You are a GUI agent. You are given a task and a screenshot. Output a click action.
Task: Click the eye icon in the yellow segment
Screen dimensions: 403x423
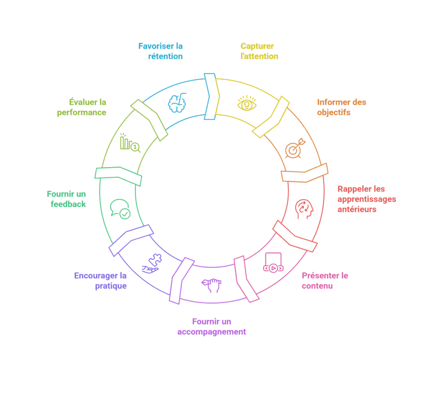tap(246, 103)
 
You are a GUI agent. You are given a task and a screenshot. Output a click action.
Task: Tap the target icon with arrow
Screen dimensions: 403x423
tap(295, 149)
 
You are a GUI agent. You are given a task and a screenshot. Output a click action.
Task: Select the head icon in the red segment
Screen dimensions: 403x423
tap(304, 207)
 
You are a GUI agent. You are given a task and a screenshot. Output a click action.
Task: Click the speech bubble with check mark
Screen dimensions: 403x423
tap(120, 208)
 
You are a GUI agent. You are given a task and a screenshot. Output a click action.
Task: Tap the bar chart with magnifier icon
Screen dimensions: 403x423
tap(130, 143)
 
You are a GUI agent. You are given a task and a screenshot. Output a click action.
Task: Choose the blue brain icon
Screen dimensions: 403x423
tap(177, 102)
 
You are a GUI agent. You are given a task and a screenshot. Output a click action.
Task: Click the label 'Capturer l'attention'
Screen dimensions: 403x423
tap(259, 51)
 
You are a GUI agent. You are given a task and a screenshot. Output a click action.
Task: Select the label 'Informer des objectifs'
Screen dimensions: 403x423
tap(342, 107)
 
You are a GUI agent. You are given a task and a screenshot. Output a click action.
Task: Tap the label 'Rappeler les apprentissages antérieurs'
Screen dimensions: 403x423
tap(366, 199)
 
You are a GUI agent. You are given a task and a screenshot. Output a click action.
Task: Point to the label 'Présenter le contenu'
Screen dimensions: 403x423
tap(325, 281)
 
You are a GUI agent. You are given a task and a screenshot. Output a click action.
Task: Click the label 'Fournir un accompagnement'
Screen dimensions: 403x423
tap(212, 327)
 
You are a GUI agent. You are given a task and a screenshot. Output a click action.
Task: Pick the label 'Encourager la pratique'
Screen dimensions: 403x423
tap(100, 281)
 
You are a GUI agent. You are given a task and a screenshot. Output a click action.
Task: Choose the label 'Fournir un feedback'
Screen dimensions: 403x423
tap(66, 199)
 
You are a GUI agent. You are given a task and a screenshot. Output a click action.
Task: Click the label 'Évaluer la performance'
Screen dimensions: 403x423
tap(82, 107)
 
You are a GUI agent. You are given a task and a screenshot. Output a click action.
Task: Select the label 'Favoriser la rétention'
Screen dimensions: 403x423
tap(160, 51)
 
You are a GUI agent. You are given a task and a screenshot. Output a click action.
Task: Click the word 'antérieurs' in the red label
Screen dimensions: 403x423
tap(357, 209)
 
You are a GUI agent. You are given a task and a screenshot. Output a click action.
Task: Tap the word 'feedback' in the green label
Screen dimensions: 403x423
tap(68, 204)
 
